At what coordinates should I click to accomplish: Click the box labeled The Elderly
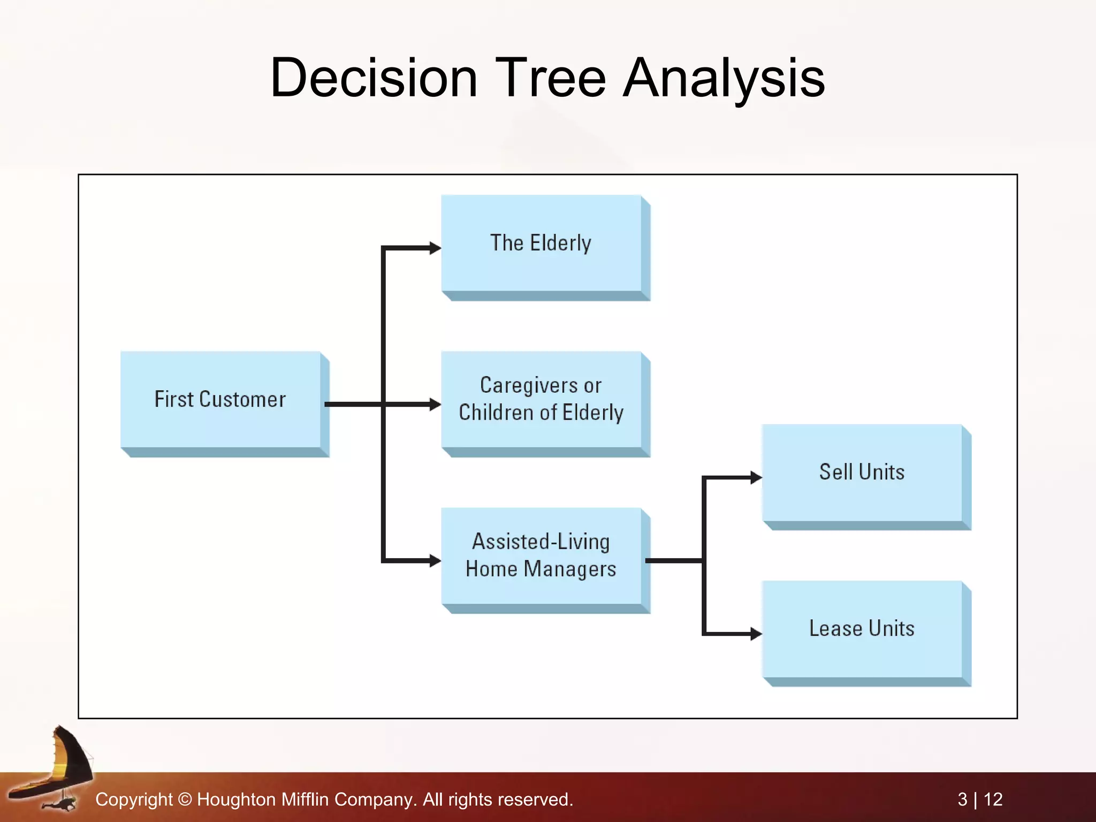click(541, 243)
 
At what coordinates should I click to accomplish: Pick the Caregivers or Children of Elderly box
click(541, 399)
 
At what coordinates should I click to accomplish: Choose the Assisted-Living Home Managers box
click(541, 555)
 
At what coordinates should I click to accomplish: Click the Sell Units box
click(862, 472)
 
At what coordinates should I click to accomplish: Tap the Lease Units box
click(862, 628)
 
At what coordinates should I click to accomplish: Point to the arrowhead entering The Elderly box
click(435, 248)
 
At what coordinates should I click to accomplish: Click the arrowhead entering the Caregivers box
click(435, 404)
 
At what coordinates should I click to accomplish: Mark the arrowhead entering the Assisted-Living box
click(435, 560)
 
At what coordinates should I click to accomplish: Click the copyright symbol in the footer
click(185, 800)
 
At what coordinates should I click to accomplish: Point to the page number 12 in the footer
click(993, 800)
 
